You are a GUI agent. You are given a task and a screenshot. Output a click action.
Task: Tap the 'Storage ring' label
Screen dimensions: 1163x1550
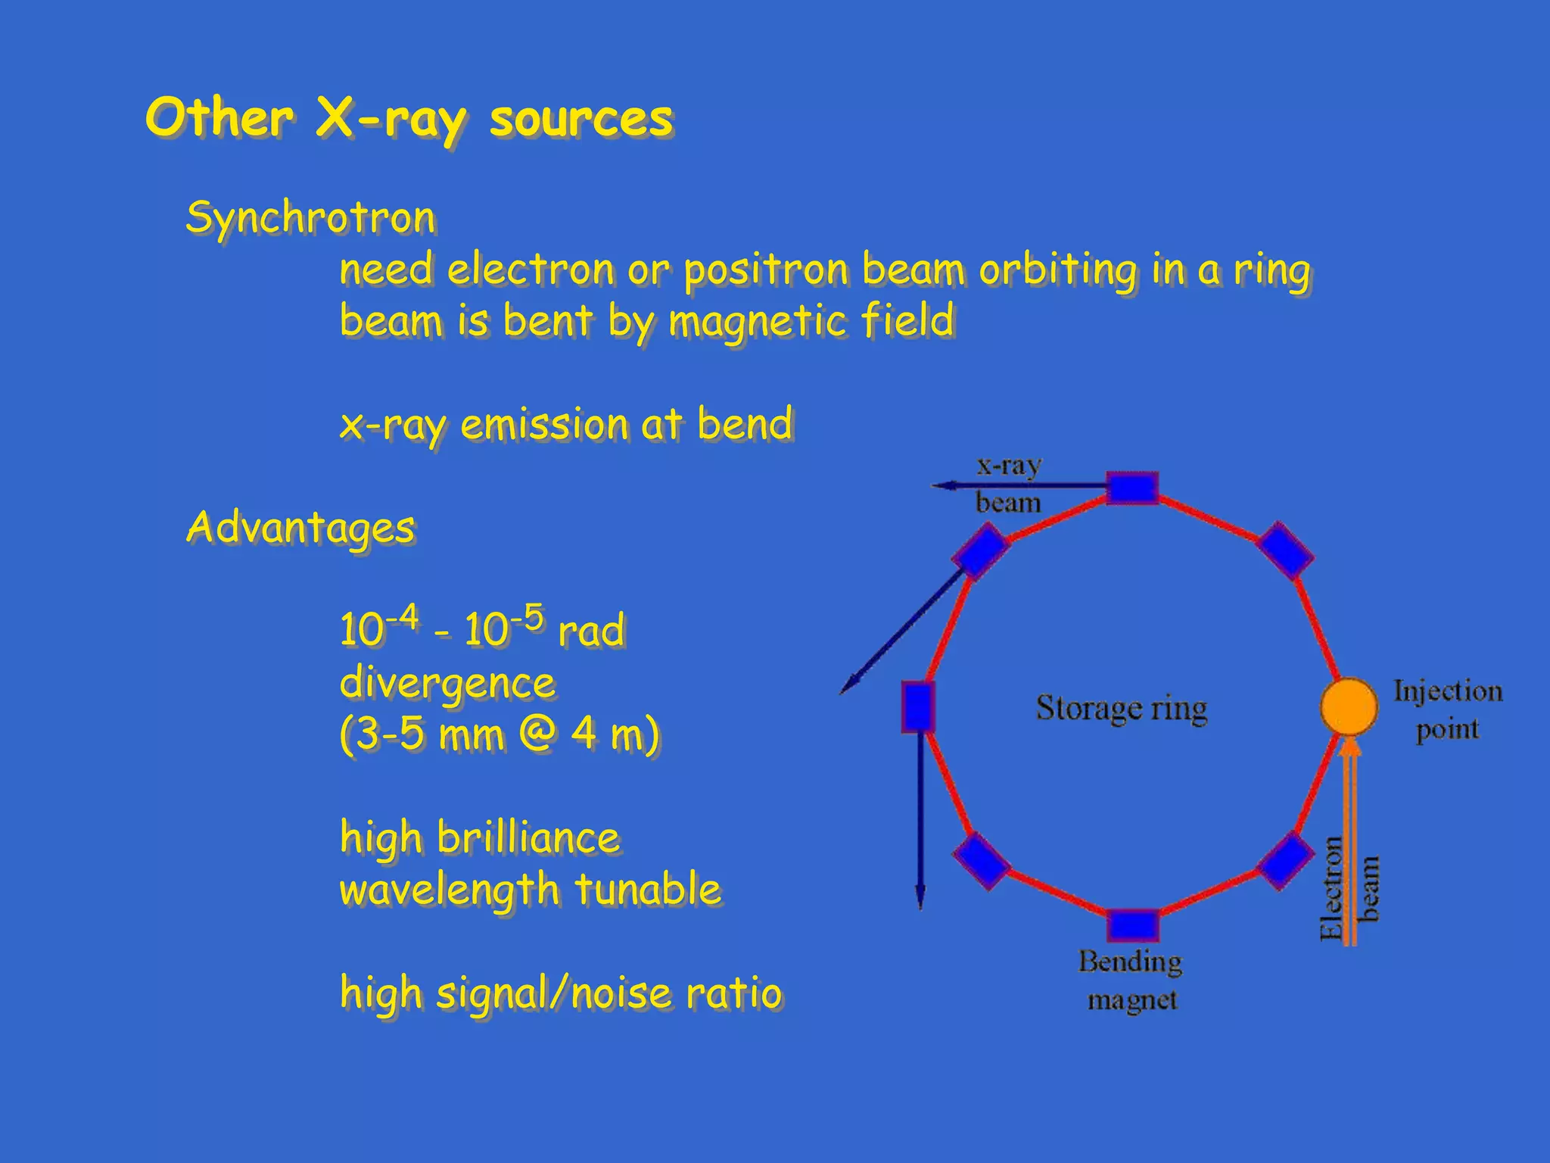(x=1121, y=709)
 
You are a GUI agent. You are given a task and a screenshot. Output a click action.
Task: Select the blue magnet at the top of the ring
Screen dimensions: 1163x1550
(x=1132, y=488)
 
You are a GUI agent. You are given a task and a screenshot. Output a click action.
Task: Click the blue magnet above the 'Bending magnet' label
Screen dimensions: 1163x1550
(x=1132, y=925)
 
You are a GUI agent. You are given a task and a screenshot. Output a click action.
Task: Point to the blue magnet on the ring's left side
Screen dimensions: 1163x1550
(x=917, y=706)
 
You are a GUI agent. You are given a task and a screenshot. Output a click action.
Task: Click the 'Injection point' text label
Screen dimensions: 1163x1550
(x=1447, y=710)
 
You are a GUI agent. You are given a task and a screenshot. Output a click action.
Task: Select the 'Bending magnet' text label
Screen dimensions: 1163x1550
(x=1131, y=981)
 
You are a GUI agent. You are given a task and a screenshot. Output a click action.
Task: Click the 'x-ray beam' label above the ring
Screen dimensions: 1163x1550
(x=1008, y=484)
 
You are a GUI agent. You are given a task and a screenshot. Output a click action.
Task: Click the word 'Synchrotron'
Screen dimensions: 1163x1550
(x=310, y=218)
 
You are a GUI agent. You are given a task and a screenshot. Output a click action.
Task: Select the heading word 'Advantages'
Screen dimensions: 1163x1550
(x=300, y=528)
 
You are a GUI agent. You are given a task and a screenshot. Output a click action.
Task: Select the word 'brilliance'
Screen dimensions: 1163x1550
(x=528, y=838)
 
